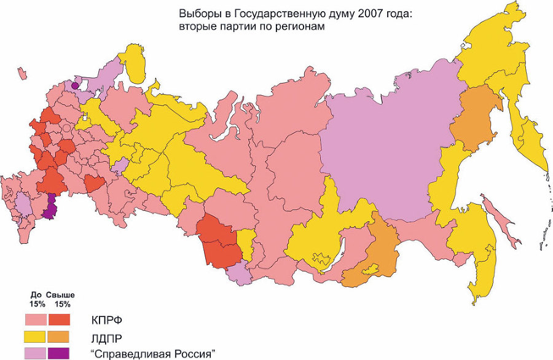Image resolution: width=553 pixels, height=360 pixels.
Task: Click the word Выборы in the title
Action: [x=196, y=13]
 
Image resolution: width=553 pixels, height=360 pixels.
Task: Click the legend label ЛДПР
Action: [x=107, y=337]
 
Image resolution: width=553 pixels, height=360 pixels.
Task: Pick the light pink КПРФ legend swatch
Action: [x=36, y=320]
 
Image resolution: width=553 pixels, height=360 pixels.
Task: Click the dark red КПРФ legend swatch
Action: [x=60, y=320]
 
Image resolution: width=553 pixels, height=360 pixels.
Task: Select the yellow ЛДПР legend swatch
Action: [x=36, y=337]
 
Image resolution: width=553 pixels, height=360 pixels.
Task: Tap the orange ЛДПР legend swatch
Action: [x=60, y=337]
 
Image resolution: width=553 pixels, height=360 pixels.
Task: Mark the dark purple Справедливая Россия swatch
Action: [x=60, y=353]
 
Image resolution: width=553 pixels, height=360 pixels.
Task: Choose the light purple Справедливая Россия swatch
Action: [x=36, y=353]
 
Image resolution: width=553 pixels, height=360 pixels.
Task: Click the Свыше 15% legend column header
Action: [x=61, y=299]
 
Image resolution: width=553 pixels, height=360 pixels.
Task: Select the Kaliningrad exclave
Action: [x=22, y=74]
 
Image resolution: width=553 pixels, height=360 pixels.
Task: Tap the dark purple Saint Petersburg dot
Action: [x=76, y=86]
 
